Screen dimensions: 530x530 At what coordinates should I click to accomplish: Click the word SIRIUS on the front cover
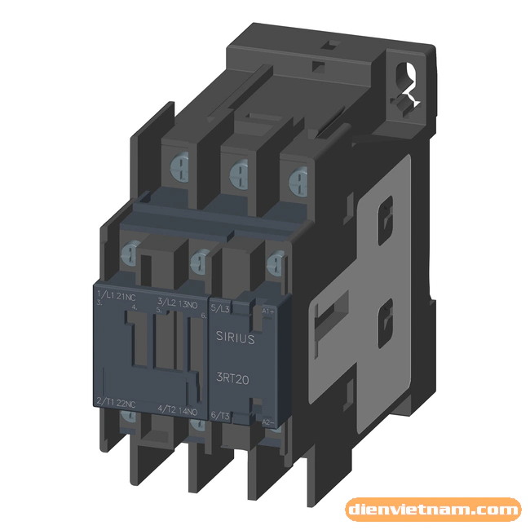pos(236,335)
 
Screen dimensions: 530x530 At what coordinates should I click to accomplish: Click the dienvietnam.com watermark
pos(432,510)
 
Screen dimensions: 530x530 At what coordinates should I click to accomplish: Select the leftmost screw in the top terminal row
pos(177,167)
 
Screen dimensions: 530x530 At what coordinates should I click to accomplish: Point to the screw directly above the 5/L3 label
pos(275,263)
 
